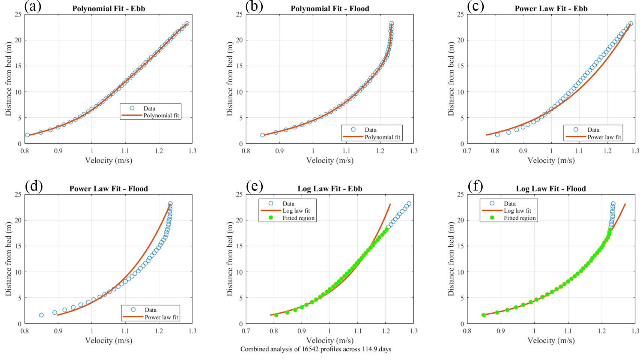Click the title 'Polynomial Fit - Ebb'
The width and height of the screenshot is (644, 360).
(x=108, y=9)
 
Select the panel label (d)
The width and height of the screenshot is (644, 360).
(x=34, y=186)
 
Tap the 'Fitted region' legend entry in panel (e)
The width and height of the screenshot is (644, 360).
(x=298, y=218)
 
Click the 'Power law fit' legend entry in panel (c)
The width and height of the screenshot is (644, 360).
(x=604, y=137)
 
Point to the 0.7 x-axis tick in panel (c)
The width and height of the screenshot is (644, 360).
(x=467, y=151)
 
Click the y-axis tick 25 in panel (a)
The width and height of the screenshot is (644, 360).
(x=18, y=14)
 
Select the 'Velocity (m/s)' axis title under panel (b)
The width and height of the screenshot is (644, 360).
(x=330, y=160)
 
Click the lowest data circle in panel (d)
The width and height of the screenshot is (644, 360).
(x=41, y=315)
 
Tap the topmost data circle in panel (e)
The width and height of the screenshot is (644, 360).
(x=409, y=204)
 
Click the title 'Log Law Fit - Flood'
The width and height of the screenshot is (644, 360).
(x=551, y=189)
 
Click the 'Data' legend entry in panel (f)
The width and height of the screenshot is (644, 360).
(x=509, y=204)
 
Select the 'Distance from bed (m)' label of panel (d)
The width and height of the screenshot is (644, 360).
(x=9, y=259)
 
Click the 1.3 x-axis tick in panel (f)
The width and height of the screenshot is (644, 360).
(x=635, y=331)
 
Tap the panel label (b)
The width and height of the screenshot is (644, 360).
(x=254, y=6)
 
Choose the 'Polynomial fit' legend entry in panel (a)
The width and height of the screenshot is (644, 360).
(x=161, y=115)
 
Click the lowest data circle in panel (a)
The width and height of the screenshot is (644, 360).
(x=27, y=135)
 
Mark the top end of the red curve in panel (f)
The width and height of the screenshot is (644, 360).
(x=625, y=204)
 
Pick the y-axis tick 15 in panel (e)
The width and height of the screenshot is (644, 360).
(x=239, y=246)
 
